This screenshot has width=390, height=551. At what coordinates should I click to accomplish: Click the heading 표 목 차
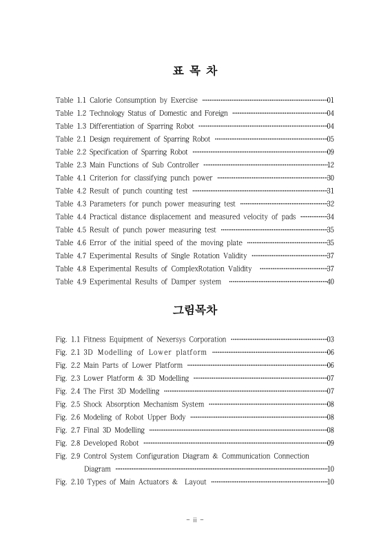195,71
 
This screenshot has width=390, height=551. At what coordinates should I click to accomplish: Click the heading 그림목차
195,310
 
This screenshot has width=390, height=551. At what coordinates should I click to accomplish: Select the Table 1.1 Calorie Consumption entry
127,101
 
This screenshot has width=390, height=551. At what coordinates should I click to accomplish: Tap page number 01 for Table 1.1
330,101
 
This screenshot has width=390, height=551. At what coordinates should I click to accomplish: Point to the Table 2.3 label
70,165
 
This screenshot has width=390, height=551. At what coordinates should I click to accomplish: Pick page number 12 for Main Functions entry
330,165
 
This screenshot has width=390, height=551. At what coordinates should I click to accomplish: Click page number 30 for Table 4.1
330,178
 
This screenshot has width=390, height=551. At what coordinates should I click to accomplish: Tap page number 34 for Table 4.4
330,217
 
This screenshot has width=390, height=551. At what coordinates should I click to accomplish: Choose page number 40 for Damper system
330,282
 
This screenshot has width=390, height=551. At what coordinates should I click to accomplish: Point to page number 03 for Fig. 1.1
330,340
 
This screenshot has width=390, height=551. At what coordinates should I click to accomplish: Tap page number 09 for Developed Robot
330,443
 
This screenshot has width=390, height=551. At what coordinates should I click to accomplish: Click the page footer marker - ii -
195,520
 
